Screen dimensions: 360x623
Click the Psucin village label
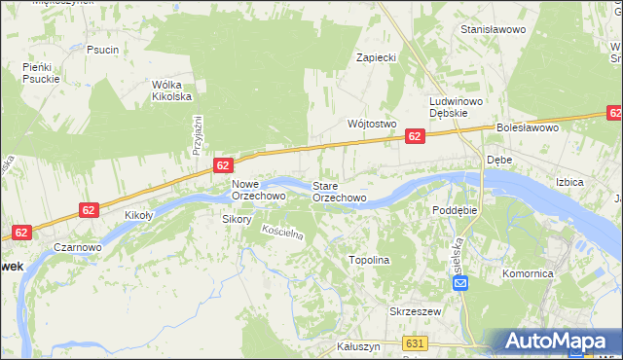point(102,50)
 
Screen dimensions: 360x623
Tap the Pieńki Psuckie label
point(42,73)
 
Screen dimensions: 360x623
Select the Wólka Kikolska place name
point(171,90)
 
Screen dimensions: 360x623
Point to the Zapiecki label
point(376,57)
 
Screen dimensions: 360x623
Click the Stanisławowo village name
point(493,30)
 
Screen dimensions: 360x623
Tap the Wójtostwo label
point(372,124)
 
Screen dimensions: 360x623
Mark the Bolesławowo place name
point(526,127)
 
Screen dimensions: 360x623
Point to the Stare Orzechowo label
point(339,192)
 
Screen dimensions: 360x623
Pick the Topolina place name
point(369,260)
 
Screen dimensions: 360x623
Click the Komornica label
point(528,274)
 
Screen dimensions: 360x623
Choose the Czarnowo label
point(78,247)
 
